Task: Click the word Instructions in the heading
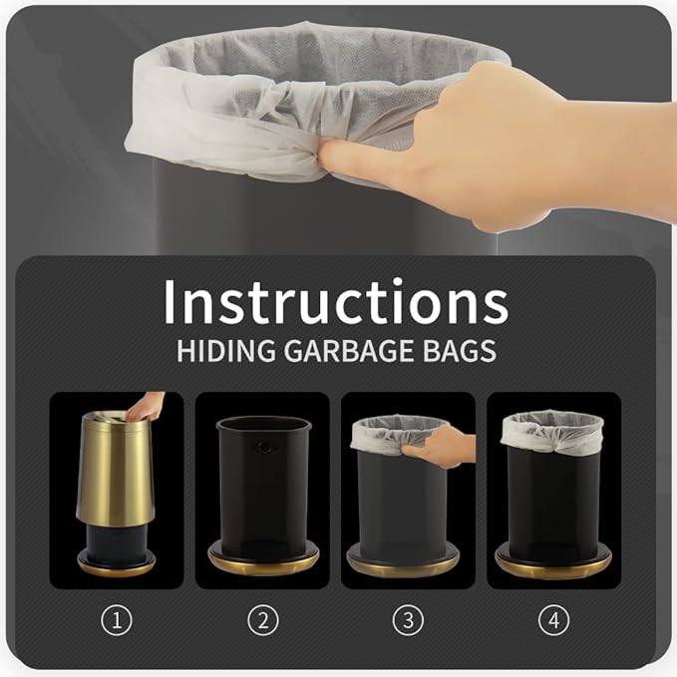point(336,301)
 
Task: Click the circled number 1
point(117,621)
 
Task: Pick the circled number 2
point(263,621)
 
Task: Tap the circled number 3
point(408,621)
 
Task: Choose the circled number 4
point(554,621)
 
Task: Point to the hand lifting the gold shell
point(146,407)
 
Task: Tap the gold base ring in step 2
point(263,563)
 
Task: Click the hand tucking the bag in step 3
point(441,448)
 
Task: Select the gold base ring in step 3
point(403,566)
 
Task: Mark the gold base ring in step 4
point(553,565)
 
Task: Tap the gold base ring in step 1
point(116,562)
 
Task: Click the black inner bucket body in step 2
point(263,488)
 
